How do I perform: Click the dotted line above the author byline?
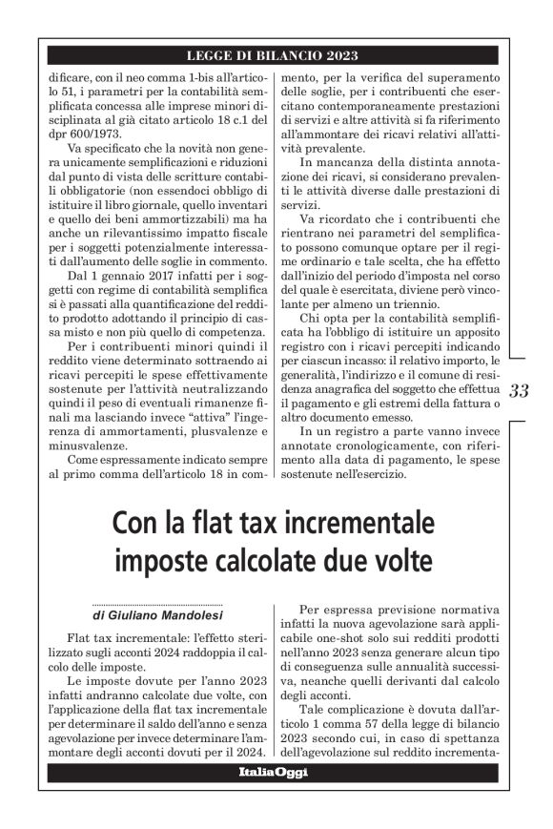pyautogui.click(x=157, y=605)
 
